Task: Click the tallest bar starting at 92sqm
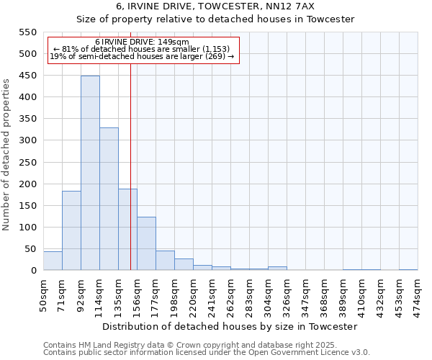90,173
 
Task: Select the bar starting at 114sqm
109,199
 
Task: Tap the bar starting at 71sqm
71,230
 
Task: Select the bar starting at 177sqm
165,261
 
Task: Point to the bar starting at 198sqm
184,264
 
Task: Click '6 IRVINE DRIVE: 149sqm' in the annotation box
142,42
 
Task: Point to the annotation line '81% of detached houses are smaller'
142,49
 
